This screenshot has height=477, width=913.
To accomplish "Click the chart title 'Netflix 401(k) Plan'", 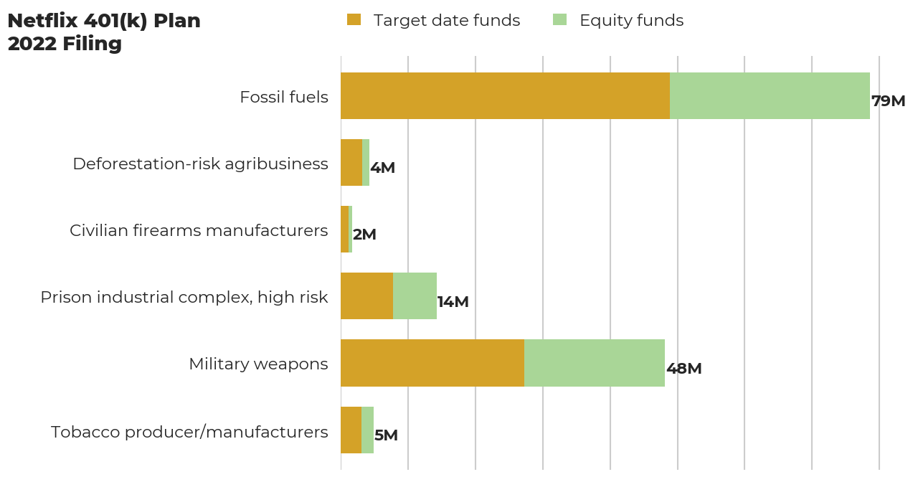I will pos(104,22).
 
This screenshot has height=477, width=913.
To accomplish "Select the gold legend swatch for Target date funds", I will pos(354,20).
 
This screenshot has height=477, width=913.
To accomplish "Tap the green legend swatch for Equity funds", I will pos(559,20).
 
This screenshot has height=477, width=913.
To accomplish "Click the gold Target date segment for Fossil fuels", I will pos(505,95).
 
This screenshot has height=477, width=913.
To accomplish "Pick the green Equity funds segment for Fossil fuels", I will pos(770,95).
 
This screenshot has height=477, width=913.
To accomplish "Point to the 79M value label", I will pos(888,101).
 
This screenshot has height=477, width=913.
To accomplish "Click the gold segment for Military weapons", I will pos(432,363).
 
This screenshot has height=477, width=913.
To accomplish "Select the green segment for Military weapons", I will pos(595,363).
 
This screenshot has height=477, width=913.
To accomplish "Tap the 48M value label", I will pos(683,369).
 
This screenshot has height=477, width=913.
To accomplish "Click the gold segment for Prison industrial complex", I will pos(366,296).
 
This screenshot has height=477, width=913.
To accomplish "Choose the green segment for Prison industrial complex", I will pos(415,296).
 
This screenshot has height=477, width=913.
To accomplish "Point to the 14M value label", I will pos(453,302).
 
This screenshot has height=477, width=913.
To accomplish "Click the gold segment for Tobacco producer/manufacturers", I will pos(351,430).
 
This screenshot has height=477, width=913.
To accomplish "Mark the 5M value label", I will pos(386,435).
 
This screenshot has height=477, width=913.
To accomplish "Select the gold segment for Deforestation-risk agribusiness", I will pos(351,162).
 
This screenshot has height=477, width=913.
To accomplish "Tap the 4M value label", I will pos(382,168).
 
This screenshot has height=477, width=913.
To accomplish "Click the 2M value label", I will pos(364,235).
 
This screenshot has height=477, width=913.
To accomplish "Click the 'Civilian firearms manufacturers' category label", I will pos(199,230).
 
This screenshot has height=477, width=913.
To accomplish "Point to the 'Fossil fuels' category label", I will pos(284,97).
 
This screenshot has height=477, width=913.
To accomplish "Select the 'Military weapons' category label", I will pos(258,364).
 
